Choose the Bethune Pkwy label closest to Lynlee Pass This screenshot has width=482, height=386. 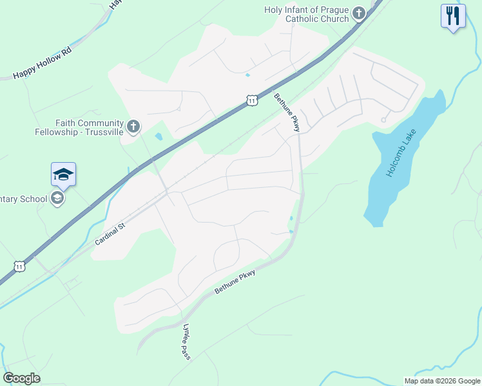235,282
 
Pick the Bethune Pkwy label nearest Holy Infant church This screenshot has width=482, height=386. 287,113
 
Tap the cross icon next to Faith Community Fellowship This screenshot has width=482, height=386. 133,125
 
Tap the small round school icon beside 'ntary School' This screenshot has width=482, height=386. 57,198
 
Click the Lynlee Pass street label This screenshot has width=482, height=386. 187,341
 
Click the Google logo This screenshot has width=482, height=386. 21,378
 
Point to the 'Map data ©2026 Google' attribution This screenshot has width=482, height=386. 442,380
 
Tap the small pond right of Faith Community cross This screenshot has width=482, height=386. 159,136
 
